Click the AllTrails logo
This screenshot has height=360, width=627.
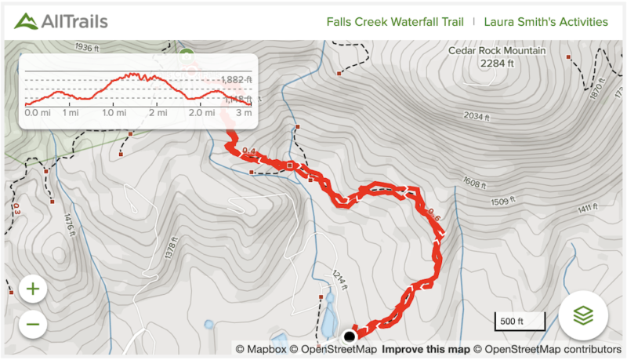click(x=61, y=21)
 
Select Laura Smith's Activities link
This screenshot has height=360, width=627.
click(x=545, y=22)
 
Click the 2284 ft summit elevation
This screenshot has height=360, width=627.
click(x=498, y=64)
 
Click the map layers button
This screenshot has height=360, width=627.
click(x=583, y=315)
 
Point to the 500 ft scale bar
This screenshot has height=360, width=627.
click(x=512, y=321)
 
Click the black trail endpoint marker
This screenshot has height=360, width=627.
click(x=350, y=336)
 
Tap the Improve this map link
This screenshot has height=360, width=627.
click(x=426, y=349)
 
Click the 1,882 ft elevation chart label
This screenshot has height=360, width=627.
click(x=237, y=80)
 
